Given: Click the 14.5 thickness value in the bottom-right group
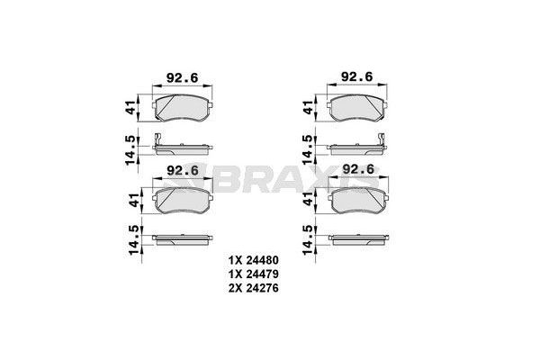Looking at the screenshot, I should pyautogui.click(x=309, y=241).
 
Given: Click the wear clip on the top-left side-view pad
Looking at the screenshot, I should pyautogui.click(x=157, y=139).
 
